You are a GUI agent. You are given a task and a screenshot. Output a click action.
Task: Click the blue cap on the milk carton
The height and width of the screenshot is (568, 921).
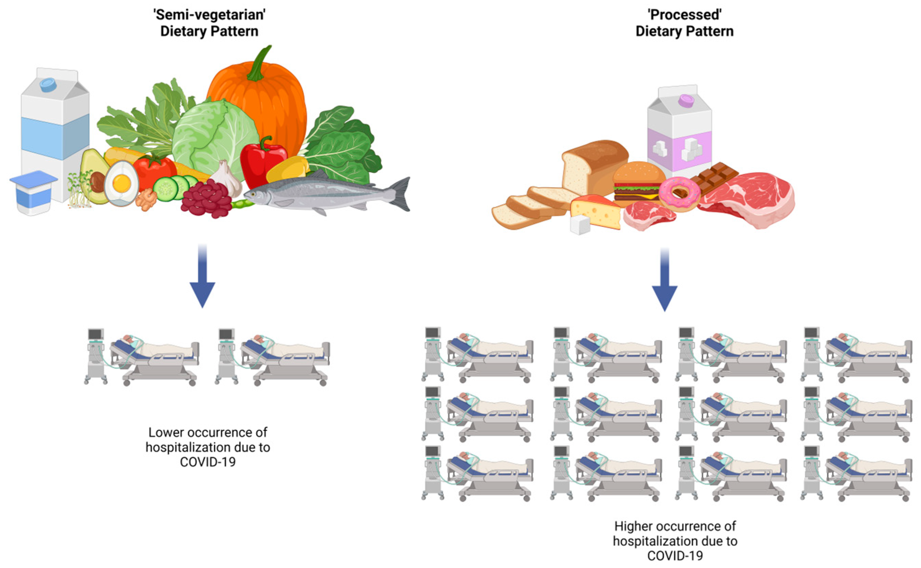coord(48,85)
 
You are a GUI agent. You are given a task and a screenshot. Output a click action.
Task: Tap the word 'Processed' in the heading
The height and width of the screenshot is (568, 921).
coord(684,15)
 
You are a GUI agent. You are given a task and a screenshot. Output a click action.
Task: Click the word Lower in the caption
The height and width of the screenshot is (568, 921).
coord(166,433)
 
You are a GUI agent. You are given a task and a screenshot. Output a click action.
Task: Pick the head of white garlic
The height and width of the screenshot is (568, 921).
coord(227,178)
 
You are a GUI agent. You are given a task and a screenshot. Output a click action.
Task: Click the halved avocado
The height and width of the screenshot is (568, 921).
coord(94,177)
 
